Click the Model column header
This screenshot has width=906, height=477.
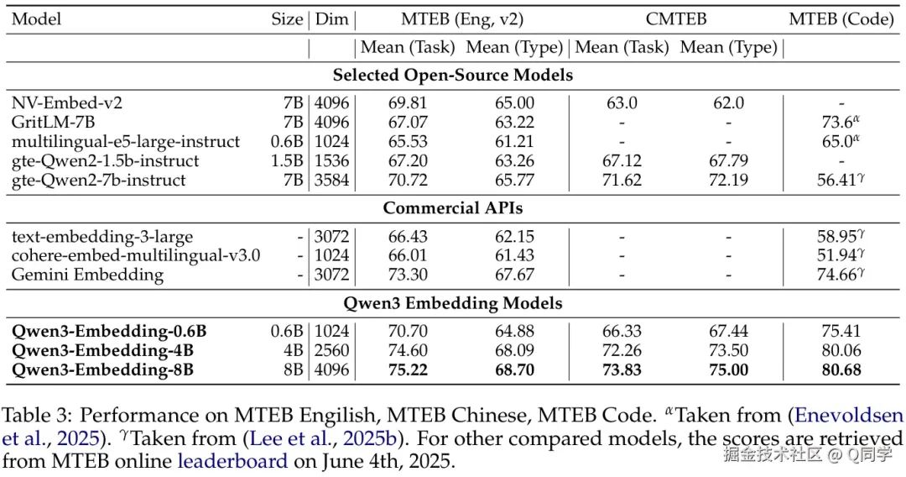tap(36, 19)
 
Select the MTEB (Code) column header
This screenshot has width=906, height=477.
tap(841, 19)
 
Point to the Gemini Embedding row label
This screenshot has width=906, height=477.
tap(88, 275)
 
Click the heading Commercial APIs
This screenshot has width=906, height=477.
tap(453, 207)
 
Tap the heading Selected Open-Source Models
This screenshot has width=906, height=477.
tap(453, 75)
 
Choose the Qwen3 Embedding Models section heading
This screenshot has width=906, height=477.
tap(453, 303)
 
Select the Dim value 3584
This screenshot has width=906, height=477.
tap(331, 180)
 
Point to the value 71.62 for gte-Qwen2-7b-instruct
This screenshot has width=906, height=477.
tap(622, 180)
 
